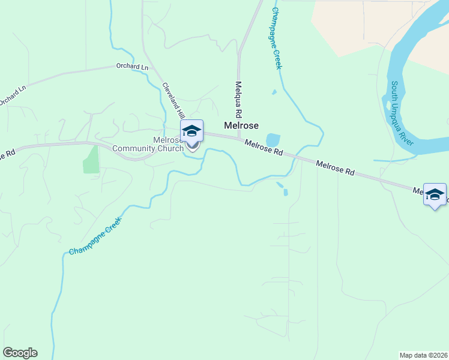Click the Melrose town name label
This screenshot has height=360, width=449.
point(241,125)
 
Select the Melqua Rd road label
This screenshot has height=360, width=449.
point(238,99)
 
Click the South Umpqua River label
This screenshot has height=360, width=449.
point(402,112)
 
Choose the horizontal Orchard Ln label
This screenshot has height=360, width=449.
point(132,67)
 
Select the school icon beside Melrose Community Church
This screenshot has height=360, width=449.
point(191,131)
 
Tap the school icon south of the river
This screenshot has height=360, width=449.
point(435,194)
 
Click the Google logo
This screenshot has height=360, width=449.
point(20,353)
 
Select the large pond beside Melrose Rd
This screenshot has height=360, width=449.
point(273,140)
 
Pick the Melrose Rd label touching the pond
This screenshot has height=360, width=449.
point(263,148)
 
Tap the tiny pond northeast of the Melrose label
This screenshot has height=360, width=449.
point(274,92)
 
